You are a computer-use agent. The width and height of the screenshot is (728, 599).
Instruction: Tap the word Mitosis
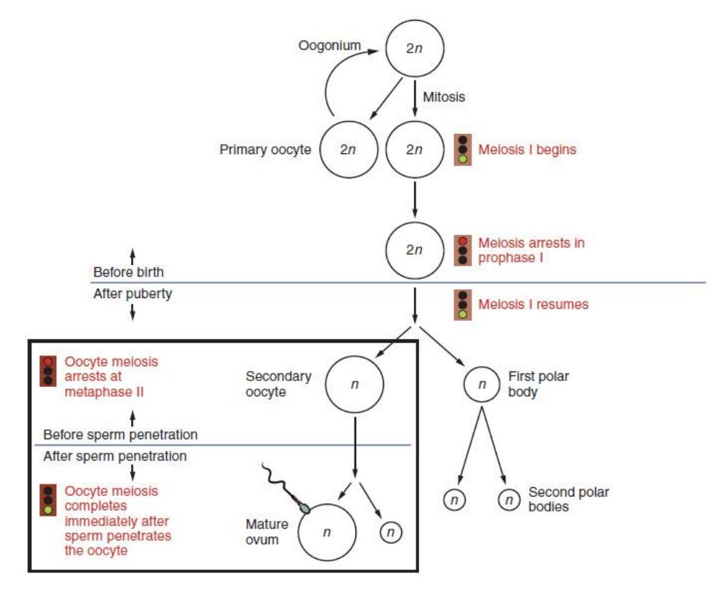point(444,97)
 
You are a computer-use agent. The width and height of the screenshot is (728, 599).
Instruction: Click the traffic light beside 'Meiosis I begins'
point(462,150)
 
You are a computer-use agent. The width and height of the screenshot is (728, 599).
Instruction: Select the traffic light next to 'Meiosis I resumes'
point(462,305)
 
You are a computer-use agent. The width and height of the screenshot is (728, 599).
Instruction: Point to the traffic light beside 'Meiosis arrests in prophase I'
point(462,250)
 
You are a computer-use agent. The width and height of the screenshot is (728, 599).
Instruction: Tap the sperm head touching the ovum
point(304,507)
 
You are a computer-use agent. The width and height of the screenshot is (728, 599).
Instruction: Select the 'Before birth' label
point(128,272)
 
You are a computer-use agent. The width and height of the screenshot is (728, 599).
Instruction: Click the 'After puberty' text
point(133,294)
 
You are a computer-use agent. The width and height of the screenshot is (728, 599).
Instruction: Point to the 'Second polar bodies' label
point(569,499)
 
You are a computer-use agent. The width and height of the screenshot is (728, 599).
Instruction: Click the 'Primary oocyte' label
point(265,150)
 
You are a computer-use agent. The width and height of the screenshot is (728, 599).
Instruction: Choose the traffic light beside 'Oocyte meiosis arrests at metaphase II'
point(48,371)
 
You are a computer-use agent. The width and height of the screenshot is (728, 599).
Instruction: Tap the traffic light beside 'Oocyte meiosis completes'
point(48,500)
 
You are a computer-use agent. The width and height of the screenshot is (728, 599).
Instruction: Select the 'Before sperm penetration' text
point(120,435)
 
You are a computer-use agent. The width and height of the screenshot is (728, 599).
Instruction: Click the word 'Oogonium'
point(330,46)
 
